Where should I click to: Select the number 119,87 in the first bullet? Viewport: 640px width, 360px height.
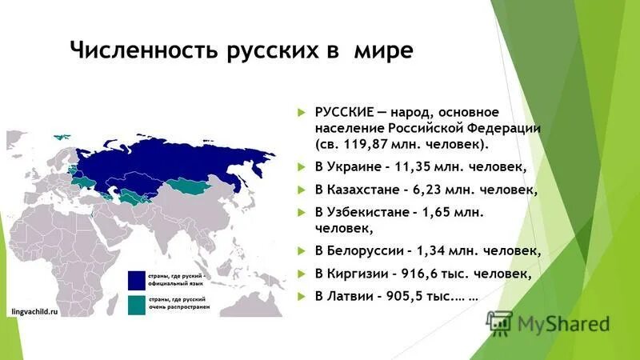click(365, 147)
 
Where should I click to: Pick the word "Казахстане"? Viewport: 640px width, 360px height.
click(368, 190)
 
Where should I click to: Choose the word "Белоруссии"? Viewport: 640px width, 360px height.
click(369, 251)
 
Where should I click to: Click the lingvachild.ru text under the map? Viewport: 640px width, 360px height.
click(36, 311)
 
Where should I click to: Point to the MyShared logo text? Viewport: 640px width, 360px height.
click(563, 324)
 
